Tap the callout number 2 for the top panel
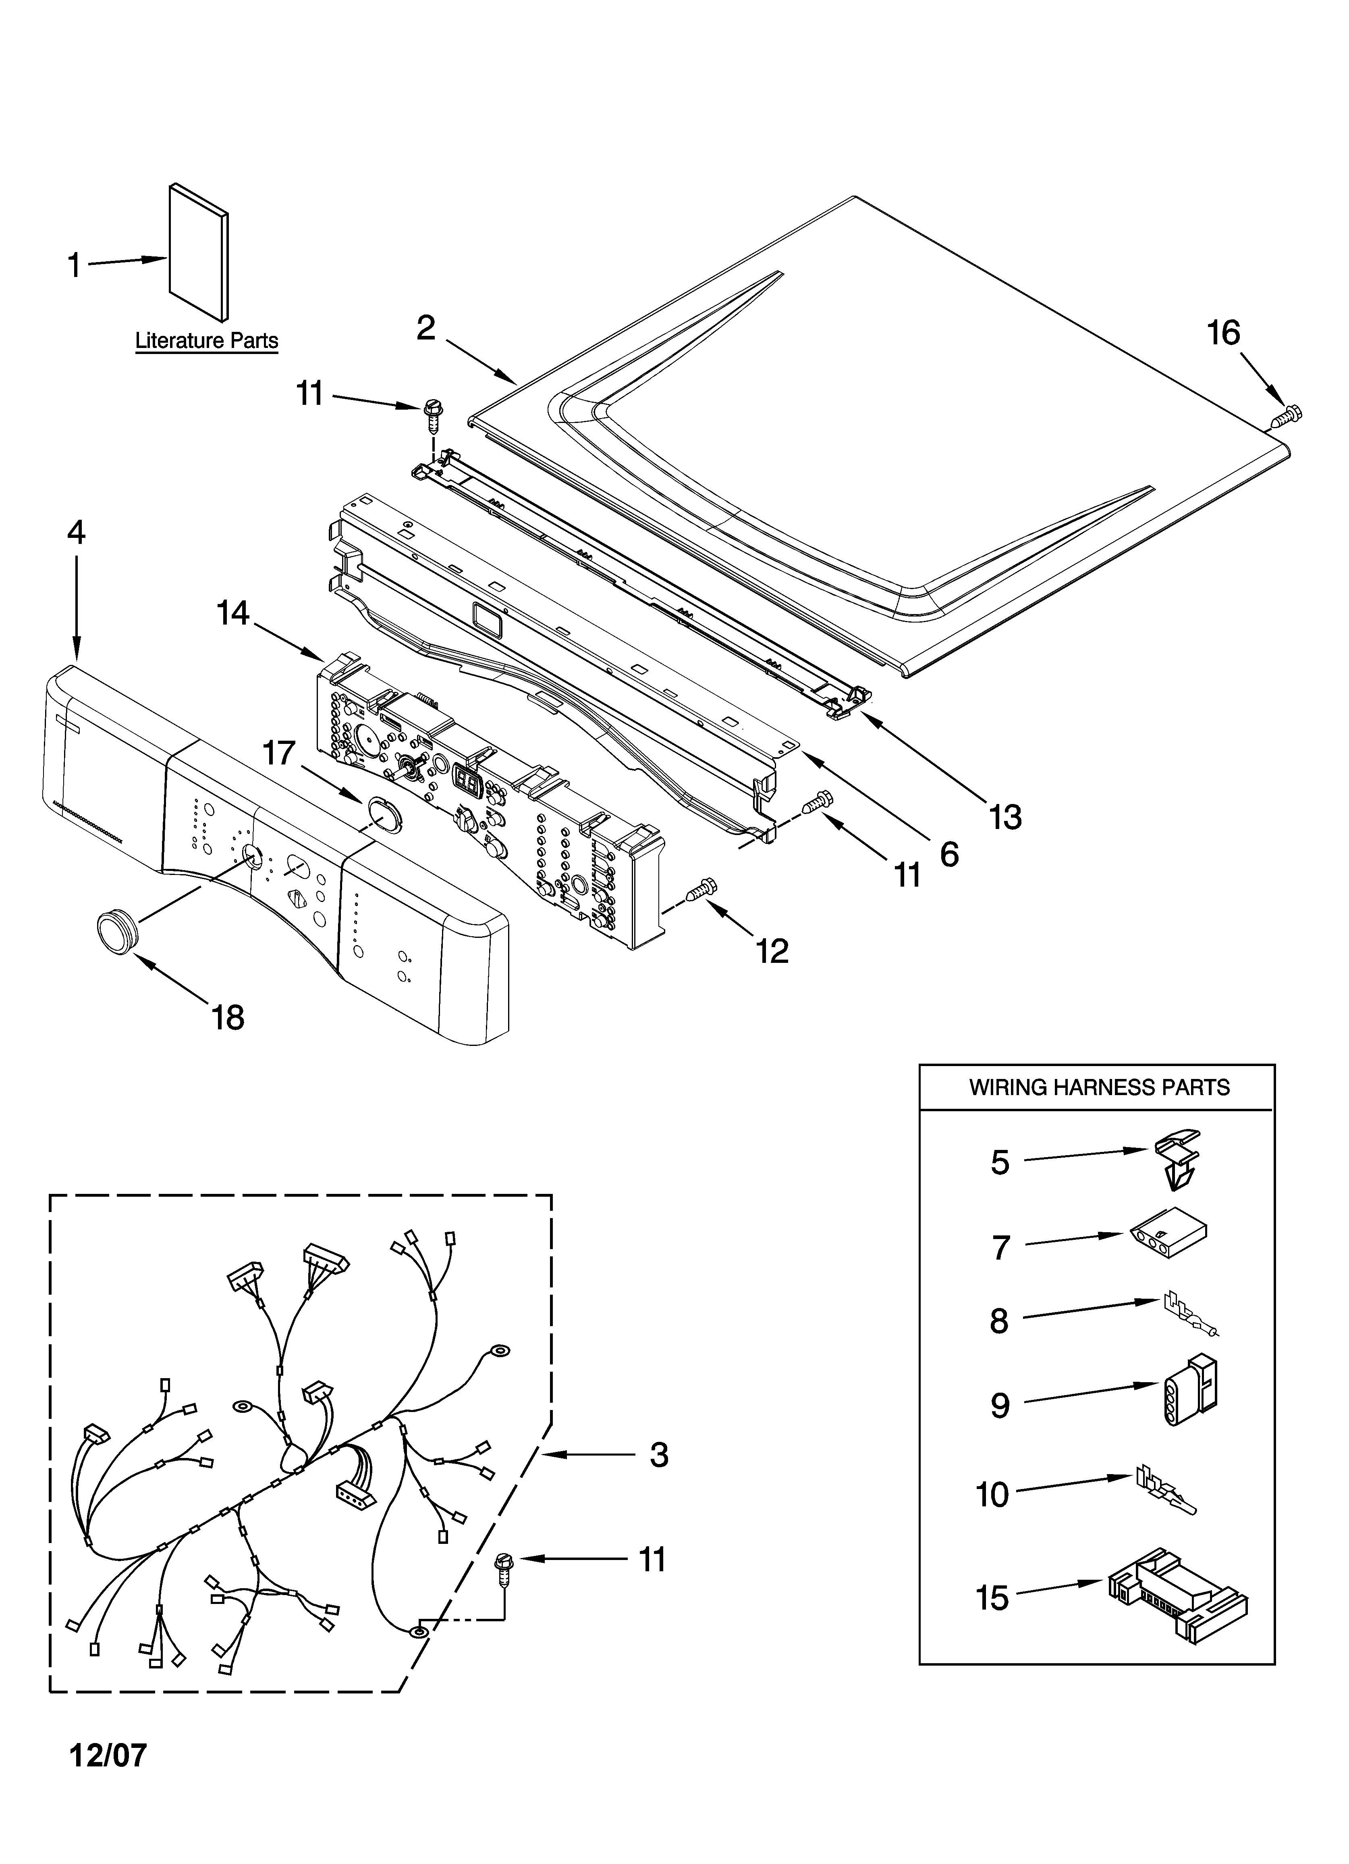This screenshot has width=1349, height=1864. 425,328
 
